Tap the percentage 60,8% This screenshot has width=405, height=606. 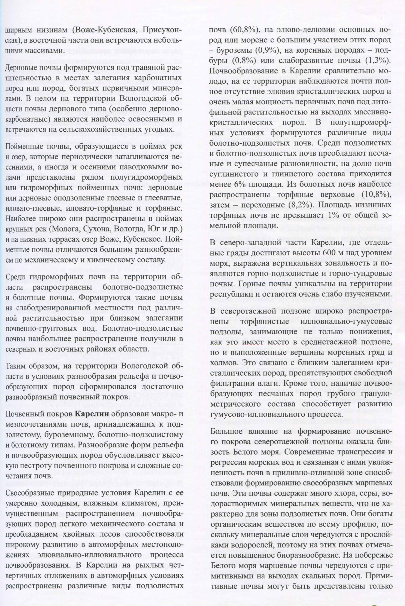point(244,30)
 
